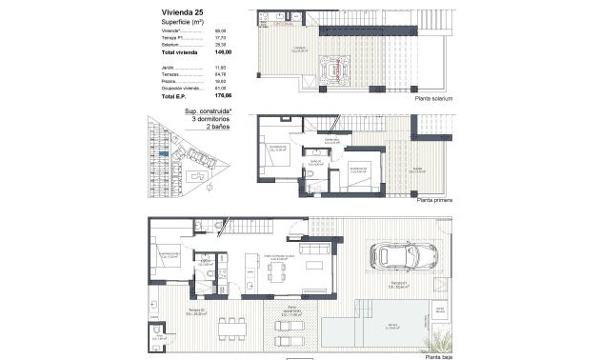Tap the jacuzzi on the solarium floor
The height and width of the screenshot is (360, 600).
click(x=340, y=68)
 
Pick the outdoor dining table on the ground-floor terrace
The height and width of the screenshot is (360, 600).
click(x=231, y=328)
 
